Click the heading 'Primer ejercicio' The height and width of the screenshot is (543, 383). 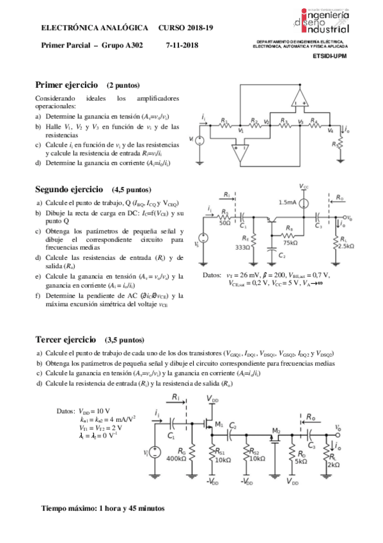pyautogui.click(x=66, y=85)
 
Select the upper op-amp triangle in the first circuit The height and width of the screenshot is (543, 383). pyautogui.click(x=298, y=97)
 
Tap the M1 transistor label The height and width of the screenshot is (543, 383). pyautogui.click(x=219, y=424)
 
